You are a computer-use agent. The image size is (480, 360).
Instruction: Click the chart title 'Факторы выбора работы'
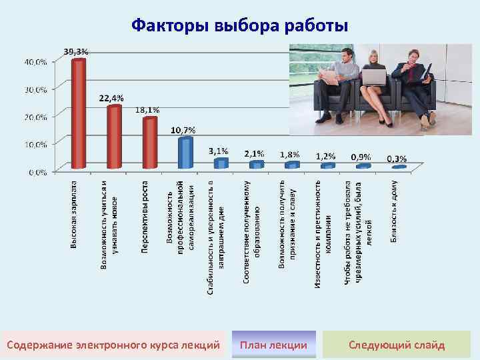(x=239, y=26)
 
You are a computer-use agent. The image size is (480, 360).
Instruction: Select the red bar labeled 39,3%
(x=79, y=113)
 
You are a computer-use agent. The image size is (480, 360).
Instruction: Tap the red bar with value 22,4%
(x=115, y=136)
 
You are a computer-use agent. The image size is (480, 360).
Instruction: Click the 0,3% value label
(x=397, y=159)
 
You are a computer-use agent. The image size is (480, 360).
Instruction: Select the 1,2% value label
(x=325, y=155)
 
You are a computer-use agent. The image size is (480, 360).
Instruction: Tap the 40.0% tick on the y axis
(x=36, y=61)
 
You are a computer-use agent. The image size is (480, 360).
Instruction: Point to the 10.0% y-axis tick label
(x=36, y=144)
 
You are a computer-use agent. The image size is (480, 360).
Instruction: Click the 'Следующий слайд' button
(x=397, y=345)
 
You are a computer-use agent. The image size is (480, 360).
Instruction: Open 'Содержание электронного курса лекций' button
(x=113, y=345)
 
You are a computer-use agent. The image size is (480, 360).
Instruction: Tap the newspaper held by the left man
(x=330, y=77)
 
